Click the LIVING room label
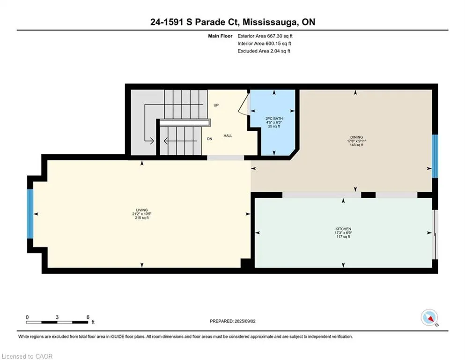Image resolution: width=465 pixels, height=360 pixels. [x=142, y=210]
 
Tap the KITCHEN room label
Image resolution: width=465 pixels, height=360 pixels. [x=343, y=229]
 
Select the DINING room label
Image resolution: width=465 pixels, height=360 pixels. [x=356, y=137]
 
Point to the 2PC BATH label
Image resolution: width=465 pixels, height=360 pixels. [x=274, y=119]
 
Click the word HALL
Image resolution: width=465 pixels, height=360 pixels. [x=228, y=136]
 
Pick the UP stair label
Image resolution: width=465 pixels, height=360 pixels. [x=216, y=105]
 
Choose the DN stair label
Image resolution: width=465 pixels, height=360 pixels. [x=210, y=139]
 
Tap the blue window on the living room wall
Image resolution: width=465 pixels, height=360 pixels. [x=30, y=214]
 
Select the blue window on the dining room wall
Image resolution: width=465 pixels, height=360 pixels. [x=435, y=156]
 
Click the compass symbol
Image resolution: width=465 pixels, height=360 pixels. [x=429, y=317]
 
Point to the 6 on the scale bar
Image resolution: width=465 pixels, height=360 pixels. [x=88, y=317]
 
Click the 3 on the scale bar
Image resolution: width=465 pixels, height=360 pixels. [x=57, y=317]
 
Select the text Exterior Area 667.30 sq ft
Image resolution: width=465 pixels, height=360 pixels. [x=265, y=36]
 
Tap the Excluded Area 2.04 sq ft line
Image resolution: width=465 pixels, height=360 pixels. [x=264, y=51]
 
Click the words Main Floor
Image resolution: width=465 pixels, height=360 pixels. [x=220, y=36]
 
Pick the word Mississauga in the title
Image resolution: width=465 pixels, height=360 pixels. [x=271, y=22]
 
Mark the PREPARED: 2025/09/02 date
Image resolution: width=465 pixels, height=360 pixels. [x=232, y=321]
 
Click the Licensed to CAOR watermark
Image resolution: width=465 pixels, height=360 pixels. [x=27, y=356]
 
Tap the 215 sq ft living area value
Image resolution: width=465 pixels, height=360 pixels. [x=142, y=218]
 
